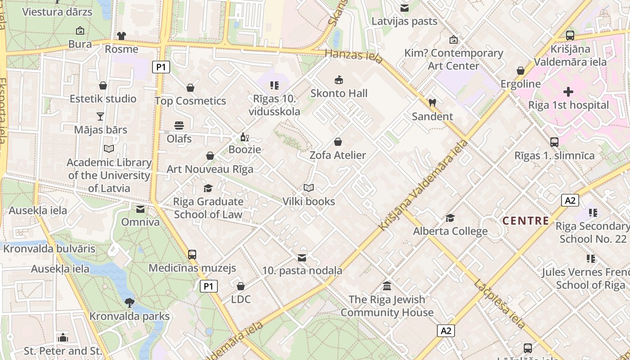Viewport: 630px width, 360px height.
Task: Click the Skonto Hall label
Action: pyautogui.click(x=339, y=94)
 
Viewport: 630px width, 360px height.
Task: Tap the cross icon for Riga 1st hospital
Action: pyautogui.click(x=568, y=92)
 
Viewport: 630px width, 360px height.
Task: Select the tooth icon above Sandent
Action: pyautogui.click(x=432, y=103)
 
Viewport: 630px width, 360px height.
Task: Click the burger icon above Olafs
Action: pyautogui.click(x=179, y=125)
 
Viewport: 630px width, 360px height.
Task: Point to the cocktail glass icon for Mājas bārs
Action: pyautogui.click(x=100, y=117)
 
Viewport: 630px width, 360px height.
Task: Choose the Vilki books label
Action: pyautogui.click(x=309, y=201)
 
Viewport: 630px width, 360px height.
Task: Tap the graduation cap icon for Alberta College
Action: pyautogui.click(x=450, y=218)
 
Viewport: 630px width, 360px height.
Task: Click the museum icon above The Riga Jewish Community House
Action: pyautogui.click(x=387, y=286)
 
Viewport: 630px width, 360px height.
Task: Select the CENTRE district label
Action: pyautogui.click(x=526, y=221)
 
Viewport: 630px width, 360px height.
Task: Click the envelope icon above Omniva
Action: pyautogui.click(x=140, y=209)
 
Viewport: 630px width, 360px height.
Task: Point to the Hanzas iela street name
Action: pyautogui.click(x=354, y=56)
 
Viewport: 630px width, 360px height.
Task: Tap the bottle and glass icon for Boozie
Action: pyautogui.click(x=244, y=137)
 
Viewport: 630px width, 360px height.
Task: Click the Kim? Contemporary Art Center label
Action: pyautogui.click(x=454, y=59)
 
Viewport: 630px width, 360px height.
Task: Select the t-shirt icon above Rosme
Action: pyautogui.click(x=121, y=36)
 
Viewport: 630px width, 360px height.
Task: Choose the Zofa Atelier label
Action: pyautogui.click(x=338, y=155)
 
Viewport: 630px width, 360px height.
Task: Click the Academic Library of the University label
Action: pyautogui.click(x=109, y=175)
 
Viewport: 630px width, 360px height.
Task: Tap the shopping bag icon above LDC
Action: pyautogui.click(x=241, y=286)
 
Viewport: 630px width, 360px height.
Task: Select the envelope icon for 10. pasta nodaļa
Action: pyautogui.click(x=302, y=258)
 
